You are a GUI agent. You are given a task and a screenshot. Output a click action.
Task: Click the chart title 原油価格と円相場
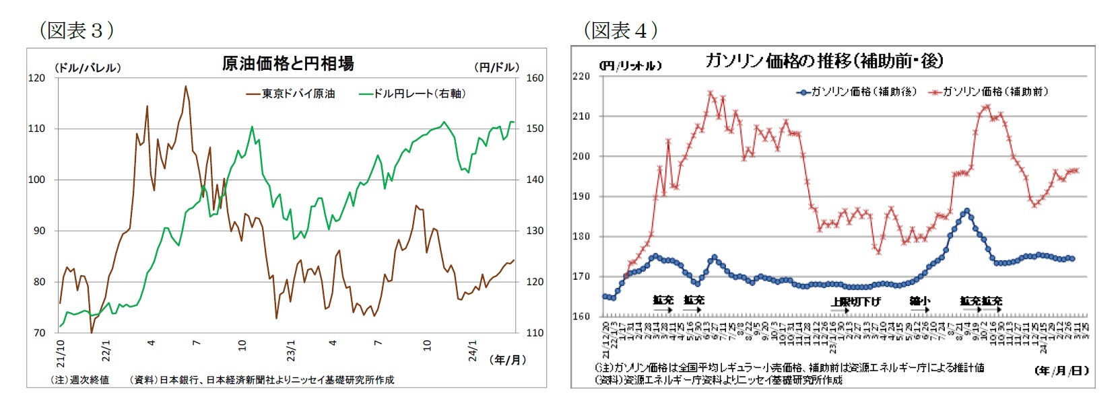[x=288, y=63]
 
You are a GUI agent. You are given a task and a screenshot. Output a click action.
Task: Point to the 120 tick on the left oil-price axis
[x=37, y=78]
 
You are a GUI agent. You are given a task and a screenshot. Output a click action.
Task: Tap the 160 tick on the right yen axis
[x=535, y=78]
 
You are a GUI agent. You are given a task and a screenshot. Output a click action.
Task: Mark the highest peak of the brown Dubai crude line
[x=185, y=86]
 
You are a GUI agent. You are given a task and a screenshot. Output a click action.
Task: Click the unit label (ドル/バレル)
[x=88, y=67]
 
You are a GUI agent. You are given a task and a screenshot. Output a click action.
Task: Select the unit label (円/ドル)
[x=497, y=67]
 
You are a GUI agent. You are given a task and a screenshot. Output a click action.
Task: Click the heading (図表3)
[x=77, y=30]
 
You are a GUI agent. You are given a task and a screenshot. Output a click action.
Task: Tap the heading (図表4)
[x=621, y=30]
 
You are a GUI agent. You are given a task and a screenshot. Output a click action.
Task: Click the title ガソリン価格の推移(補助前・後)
[x=823, y=61]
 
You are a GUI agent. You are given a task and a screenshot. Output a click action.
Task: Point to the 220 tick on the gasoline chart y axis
[x=581, y=76]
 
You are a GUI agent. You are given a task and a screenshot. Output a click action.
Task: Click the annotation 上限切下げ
[x=855, y=302]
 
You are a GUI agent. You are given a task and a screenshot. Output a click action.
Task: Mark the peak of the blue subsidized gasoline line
[x=967, y=211]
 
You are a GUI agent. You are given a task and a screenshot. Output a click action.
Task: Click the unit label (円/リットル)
[x=630, y=66]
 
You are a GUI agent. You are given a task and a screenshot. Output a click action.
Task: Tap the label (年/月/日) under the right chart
[x=1061, y=371]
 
